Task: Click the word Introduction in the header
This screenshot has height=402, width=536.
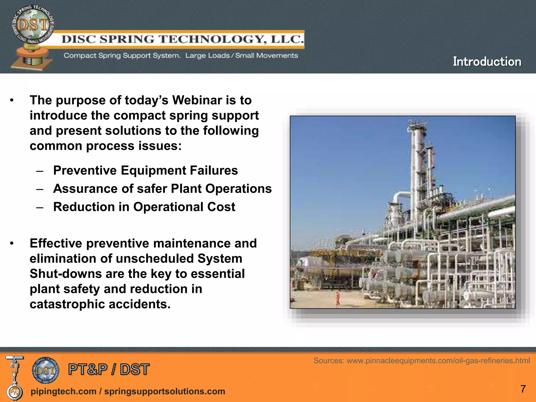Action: pos(487,62)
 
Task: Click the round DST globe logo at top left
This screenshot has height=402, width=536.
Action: pos(33,25)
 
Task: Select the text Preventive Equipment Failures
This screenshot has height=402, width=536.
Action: pos(146,170)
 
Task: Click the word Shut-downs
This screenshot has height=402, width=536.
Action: pos(65,274)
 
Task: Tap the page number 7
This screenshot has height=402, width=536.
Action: pos(523,389)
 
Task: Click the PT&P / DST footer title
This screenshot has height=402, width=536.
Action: pos(109,369)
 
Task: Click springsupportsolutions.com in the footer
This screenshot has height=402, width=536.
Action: pos(165,391)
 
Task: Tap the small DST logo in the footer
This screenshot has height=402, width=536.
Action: pos(46,370)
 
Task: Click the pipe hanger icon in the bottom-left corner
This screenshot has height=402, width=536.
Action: pos(15,377)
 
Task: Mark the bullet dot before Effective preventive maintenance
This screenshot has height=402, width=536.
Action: pos(12,244)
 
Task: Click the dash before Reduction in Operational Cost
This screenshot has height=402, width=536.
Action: pos(40,208)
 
